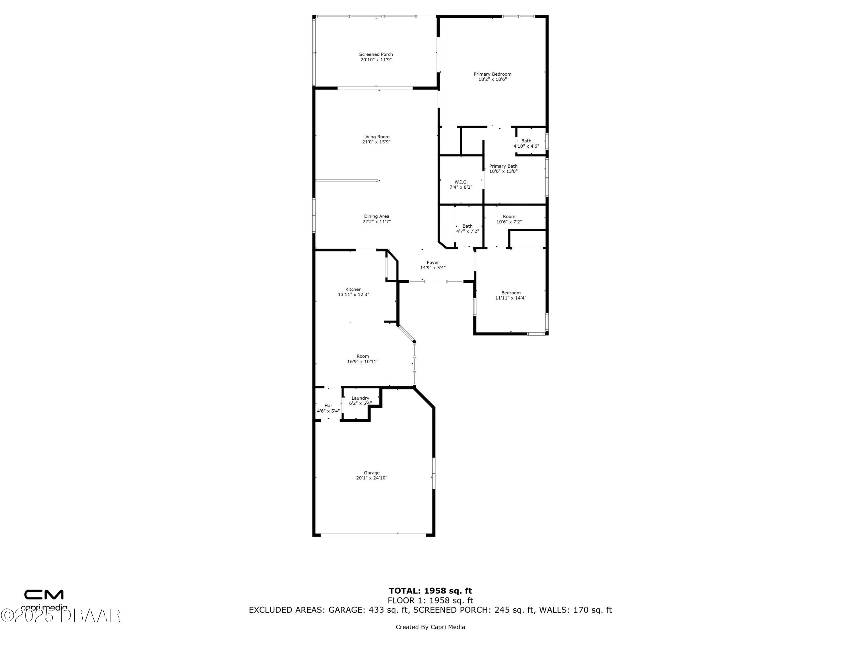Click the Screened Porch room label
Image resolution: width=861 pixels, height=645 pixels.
click(x=376, y=54)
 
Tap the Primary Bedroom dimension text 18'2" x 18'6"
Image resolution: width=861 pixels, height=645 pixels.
click(x=492, y=79)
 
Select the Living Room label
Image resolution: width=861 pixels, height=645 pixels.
click(x=376, y=137)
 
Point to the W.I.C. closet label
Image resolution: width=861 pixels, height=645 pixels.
click(x=461, y=182)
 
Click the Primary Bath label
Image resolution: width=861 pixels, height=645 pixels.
click(x=503, y=166)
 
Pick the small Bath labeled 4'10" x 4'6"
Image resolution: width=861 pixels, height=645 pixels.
click(x=526, y=141)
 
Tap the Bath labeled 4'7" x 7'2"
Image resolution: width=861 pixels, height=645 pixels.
click(x=468, y=226)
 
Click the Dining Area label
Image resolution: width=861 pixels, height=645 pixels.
click(x=376, y=216)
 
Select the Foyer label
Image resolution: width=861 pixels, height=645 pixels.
click(x=433, y=262)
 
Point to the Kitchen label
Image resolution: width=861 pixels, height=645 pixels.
click(x=353, y=289)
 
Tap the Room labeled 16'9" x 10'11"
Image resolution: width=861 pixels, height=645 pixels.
click(x=363, y=356)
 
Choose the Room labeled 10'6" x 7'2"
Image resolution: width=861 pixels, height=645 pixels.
click(x=509, y=216)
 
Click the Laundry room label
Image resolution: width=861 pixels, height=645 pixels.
click(x=360, y=398)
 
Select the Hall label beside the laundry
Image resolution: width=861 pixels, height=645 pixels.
click(x=329, y=406)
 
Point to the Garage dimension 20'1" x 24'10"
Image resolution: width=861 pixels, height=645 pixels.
click(x=372, y=478)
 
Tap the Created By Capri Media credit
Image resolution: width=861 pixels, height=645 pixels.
click(x=430, y=627)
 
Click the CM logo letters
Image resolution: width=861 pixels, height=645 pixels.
click(x=44, y=595)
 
